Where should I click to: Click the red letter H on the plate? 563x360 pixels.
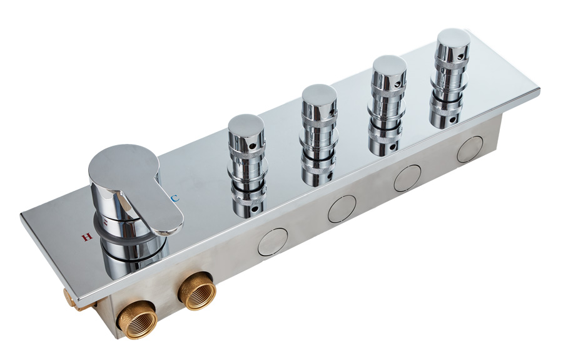tap(86, 237)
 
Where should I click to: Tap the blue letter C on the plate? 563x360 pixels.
tap(175, 198)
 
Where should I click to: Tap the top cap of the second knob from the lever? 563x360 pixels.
tap(319, 95)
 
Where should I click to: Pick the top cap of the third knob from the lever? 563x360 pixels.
tap(390, 66)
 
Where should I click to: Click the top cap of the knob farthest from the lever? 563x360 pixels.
tap(454, 39)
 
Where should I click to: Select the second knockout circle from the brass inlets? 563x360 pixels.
tap(342, 208)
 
